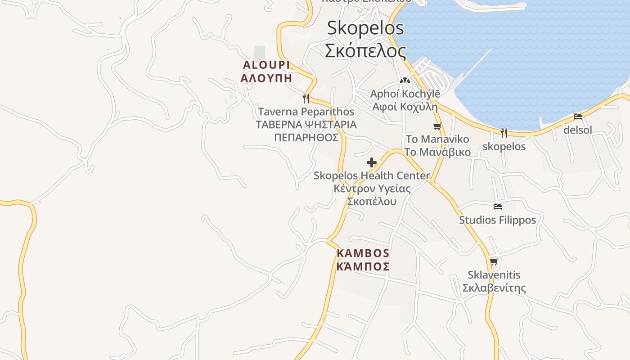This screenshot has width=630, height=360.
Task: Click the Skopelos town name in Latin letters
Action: (x=365, y=28)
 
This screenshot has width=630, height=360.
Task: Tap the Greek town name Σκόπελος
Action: (x=365, y=50)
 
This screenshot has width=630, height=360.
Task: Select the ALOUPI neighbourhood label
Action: (x=266, y=65)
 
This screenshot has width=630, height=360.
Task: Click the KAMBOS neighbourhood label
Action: (x=363, y=253)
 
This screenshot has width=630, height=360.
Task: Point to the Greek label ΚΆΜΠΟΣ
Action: (x=363, y=266)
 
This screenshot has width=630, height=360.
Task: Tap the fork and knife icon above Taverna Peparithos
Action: (x=306, y=98)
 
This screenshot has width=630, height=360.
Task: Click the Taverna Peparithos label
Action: (x=306, y=112)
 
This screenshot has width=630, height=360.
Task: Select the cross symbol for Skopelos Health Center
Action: (x=372, y=162)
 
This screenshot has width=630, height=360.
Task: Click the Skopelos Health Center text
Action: (x=372, y=175)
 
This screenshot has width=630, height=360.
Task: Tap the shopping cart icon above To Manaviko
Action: (x=437, y=126)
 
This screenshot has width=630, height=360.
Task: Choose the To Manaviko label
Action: (x=437, y=139)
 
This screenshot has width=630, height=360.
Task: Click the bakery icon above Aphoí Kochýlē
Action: (x=405, y=81)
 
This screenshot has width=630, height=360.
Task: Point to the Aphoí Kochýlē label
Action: (x=405, y=94)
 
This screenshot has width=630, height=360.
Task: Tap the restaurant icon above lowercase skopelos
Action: (x=504, y=133)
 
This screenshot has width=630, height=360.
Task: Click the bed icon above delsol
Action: (x=578, y=117)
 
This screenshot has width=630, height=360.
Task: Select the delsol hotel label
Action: (x=578, y=130)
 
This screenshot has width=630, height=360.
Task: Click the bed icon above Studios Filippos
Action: (x=497, y=207)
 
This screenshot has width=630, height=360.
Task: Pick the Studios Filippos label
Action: (x=497, y=220)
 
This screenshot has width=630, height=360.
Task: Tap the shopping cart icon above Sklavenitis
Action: (x=494, y=261)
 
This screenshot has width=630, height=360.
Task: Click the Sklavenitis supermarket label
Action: (x=494, y=275)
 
